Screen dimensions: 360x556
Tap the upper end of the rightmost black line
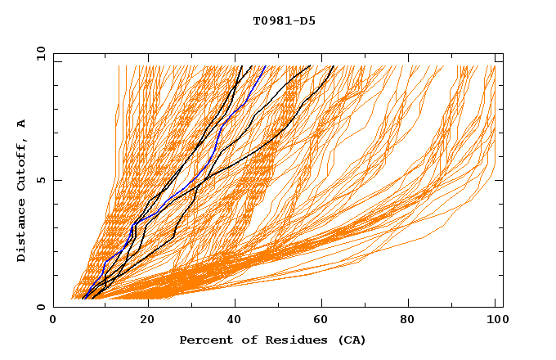coord(334,65)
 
